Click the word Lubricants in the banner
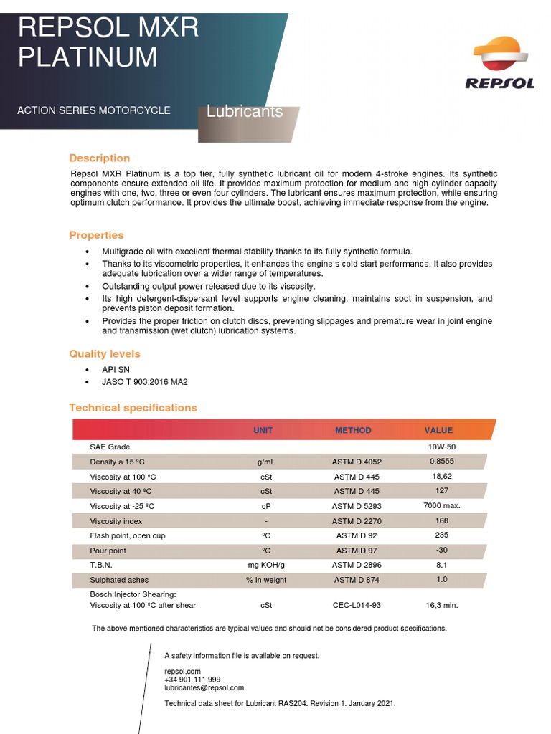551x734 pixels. [x=245, y=112]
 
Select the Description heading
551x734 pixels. [x=100, y=158]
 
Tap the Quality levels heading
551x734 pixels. [x=105, y=354]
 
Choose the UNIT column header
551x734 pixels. [x=263, y=431]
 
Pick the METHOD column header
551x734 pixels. [x=354, y=431]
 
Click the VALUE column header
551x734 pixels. [x=438, y=431]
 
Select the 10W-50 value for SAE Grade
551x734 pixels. [x=442, y=447]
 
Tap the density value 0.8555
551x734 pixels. [x=442, y=462]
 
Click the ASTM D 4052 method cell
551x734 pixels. [x=357, y=462]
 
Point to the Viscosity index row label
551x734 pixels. [x=116, y=521]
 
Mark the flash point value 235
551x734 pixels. [x=442, y=535]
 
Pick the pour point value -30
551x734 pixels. [x=442, y=550]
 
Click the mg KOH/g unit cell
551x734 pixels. [x=266, y=566]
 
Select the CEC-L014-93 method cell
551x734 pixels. [x=357, y=605]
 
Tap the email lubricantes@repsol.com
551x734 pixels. [x=204, y=688]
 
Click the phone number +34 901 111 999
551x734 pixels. [x=192, y=680]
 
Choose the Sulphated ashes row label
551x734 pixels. [x=119, y=580]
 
